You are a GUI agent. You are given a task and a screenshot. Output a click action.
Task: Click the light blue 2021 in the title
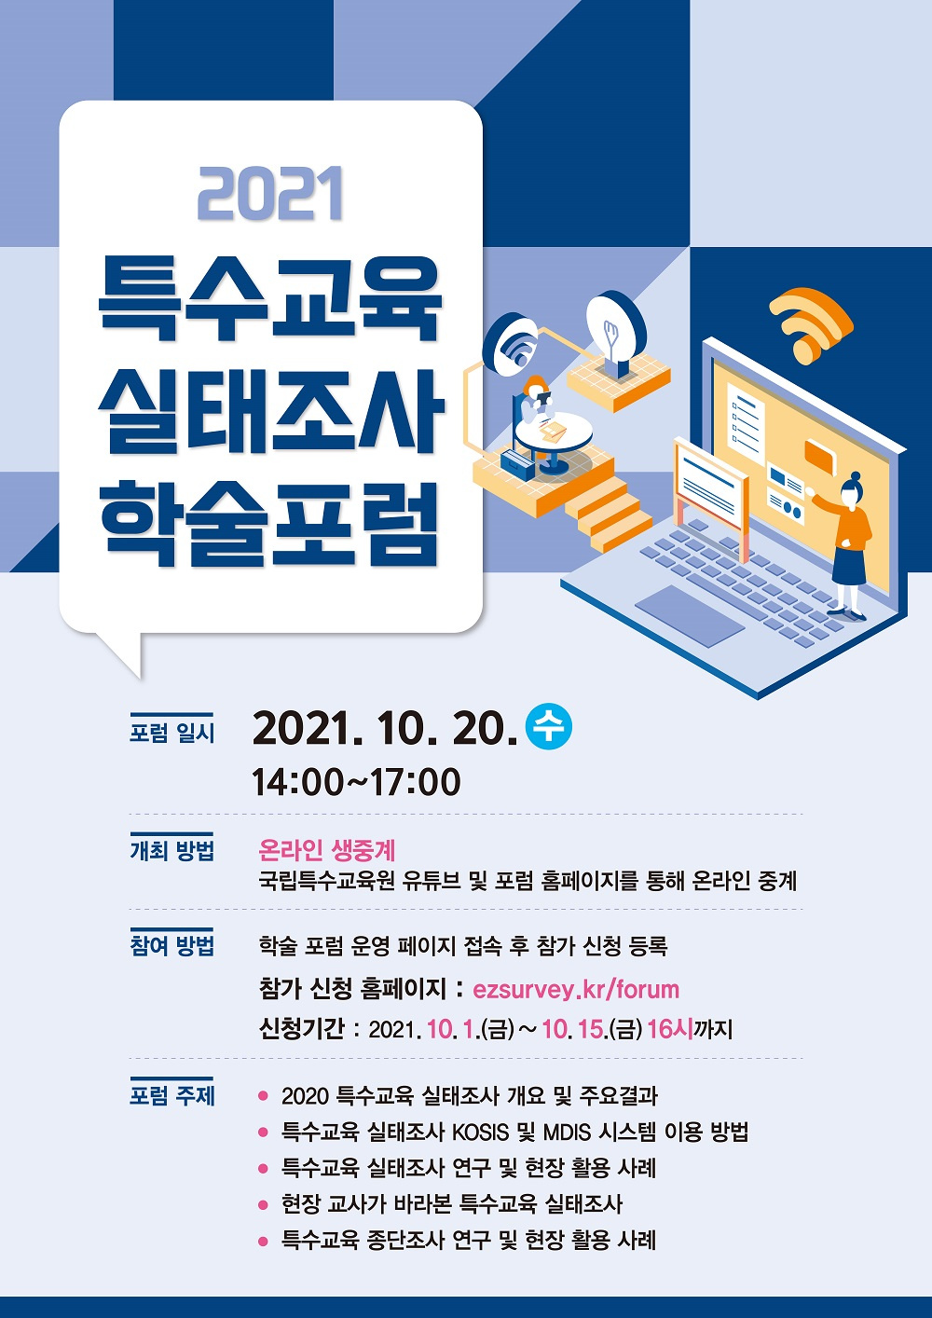click(270, 194)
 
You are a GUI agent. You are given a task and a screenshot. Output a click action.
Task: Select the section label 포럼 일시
click(172, 733)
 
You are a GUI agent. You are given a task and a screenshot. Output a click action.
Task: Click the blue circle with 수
click(549, 727)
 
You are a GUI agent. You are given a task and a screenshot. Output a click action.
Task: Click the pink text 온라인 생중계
click(327, 849)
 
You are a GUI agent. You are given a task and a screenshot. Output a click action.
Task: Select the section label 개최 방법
click(172, 850)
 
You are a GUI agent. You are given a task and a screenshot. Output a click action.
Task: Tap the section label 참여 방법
click(172, 945)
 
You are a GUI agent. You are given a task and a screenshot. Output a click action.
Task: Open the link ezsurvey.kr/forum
click(576, 989)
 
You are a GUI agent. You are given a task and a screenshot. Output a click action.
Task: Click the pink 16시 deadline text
click(669, 1030)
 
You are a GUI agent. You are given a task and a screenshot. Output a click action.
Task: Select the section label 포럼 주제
click(172, 1094)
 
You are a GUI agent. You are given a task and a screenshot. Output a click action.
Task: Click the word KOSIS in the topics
click(480, 1132)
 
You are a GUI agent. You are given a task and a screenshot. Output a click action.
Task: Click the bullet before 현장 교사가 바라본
click(264, 1204)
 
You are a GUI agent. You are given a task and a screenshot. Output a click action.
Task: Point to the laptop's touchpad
click(690, 615)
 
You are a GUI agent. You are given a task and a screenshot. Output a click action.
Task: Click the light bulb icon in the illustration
click(616, 335)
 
